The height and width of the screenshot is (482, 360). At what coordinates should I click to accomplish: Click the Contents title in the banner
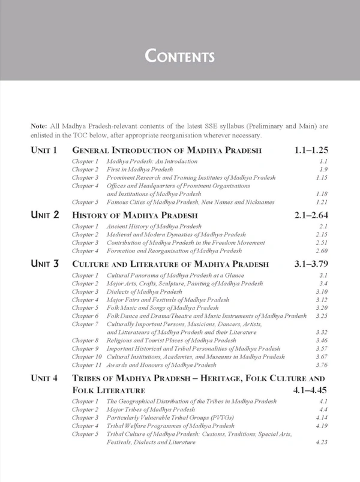180,56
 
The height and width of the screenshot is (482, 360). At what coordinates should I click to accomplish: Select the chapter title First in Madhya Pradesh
139,170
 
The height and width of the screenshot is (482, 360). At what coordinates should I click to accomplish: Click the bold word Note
40,126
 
